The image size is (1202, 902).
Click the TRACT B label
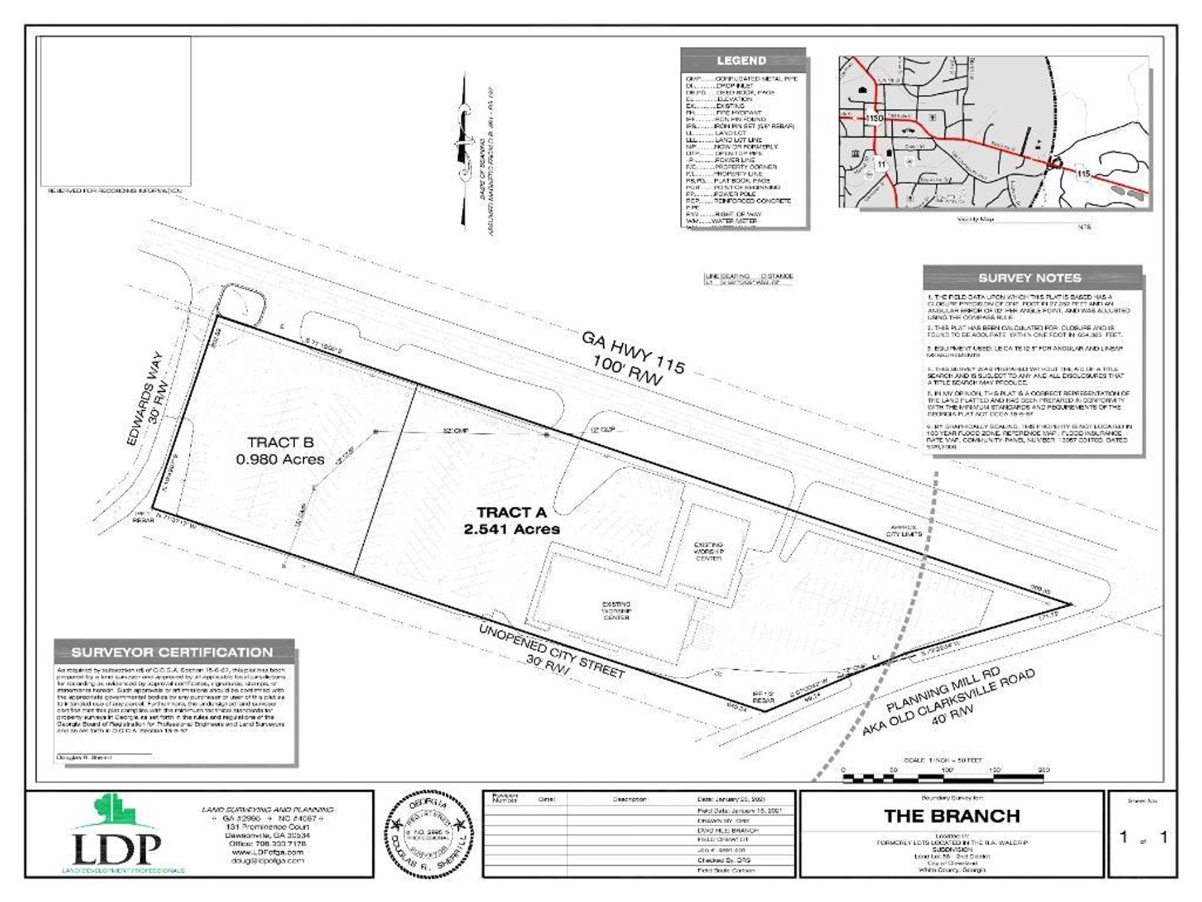click(x=280, y=443)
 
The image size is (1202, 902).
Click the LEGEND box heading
click(x=741, y=60)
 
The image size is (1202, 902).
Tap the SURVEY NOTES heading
click(x=1030, y=278)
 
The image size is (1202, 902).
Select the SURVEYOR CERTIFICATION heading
click(x=172, y=652)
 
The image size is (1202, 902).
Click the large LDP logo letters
click(x=117, y=848)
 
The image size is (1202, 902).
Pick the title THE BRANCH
click(x=952, y=816)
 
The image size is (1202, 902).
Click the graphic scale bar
click(x=943, y=770)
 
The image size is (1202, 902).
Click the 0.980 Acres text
click(x=280, y=459)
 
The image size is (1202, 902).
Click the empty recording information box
click(x=116, y=111)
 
